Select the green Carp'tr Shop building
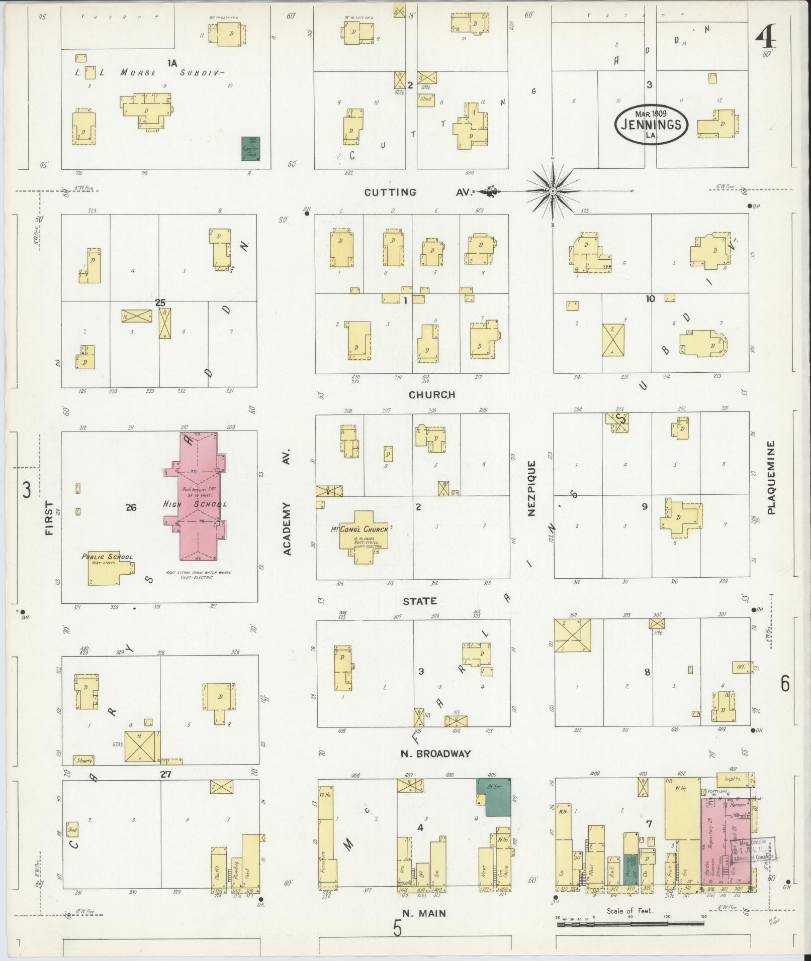(250, 149)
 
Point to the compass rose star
(553, 191)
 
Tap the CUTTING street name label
(390, 192)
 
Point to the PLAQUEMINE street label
(772, 477)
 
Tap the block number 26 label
(131, 507)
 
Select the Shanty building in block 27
(83, 761)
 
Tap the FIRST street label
(49, 517)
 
